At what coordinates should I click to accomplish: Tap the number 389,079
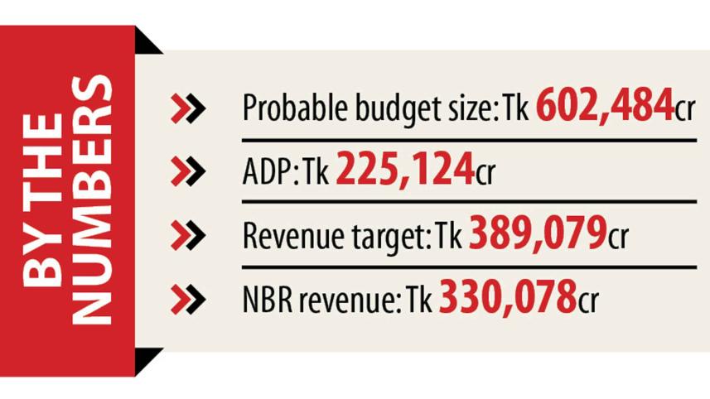[538, 234]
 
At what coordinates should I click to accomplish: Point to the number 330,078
[507, 297]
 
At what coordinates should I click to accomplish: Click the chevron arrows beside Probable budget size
[187, 108]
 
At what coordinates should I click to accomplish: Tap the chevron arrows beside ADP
[187, 171]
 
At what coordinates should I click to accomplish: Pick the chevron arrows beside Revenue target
[187, 236]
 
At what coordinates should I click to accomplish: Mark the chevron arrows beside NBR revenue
[187, 299]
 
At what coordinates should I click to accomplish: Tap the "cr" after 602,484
[684, 110]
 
